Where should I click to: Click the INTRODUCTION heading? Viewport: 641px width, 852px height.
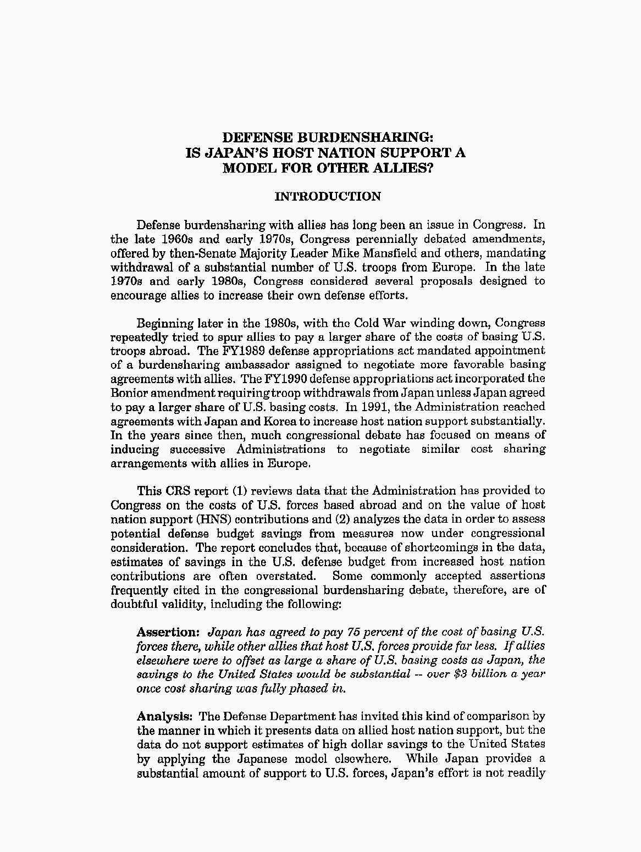pos(327,197)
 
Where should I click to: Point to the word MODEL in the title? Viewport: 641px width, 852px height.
pos(247,168)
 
